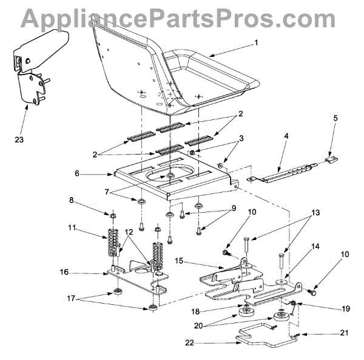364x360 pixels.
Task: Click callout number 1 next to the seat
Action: (x=256, y=43)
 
